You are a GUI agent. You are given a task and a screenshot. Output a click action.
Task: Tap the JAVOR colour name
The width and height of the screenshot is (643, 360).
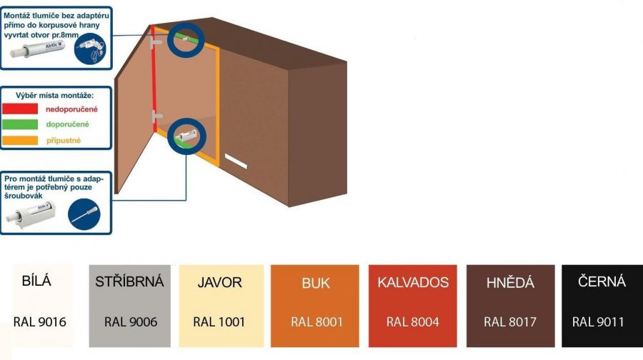click(219, 282)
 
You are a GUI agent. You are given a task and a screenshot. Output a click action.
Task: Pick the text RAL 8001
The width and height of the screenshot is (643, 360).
click(316, 322)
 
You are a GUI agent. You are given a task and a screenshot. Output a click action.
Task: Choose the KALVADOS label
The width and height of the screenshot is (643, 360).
click(413, 282)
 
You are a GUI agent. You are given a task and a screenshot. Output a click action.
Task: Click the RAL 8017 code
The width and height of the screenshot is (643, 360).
click(509, 322)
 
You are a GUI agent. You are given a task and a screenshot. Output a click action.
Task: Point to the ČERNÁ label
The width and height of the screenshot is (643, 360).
click(602, 281)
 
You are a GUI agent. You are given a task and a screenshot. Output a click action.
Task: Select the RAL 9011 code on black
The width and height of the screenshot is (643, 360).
click(598, 322)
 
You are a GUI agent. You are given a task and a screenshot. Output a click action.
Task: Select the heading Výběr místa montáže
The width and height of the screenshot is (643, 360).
click(56, 95)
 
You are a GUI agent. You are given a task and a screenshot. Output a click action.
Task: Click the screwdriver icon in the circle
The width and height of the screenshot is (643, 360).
click(84, 214)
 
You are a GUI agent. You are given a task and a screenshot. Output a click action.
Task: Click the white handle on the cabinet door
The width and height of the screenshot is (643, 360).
click(235, 160)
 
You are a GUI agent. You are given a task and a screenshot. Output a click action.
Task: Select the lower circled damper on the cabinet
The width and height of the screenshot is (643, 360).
click(186, 136)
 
